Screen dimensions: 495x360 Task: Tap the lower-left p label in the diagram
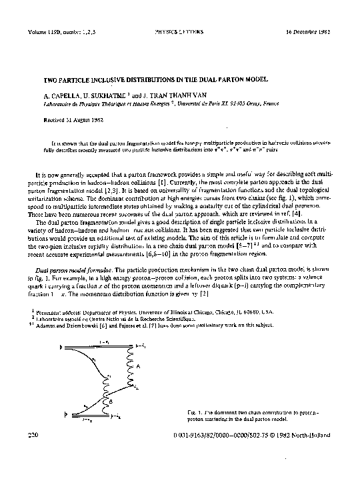pyautogui.click(x=65, y=414)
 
